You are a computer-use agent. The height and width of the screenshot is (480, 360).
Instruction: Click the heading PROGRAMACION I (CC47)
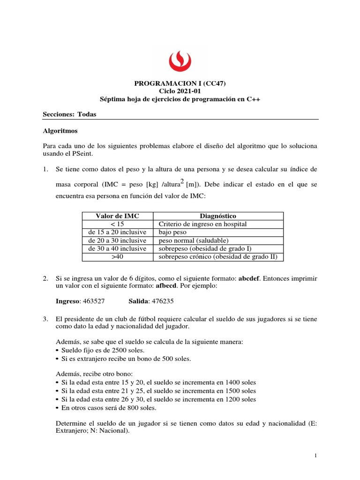pos(180,84)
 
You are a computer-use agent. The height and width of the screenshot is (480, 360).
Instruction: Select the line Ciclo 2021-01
pos(180,91)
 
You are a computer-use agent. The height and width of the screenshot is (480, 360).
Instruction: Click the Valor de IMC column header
pos(118,216)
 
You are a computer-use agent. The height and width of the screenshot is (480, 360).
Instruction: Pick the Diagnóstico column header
pos(218,216)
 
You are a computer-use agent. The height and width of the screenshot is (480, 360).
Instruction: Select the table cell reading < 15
pos(118,224)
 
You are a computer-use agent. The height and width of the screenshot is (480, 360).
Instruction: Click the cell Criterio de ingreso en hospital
pos(203,224)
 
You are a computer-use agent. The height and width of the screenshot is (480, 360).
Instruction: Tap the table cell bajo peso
pos(173,232)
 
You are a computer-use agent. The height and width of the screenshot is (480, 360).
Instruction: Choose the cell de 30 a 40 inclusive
pos(118,248)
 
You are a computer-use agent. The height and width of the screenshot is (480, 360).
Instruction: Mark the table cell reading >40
pos(118,257)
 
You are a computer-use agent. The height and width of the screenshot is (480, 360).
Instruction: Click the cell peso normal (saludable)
pos(194,240)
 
